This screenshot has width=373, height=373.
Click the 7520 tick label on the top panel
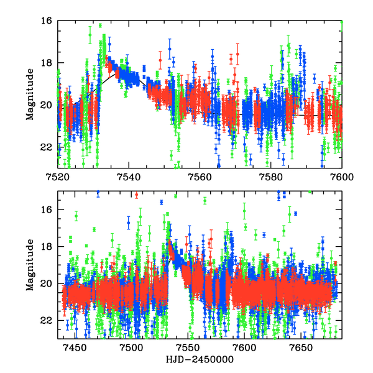coord(58,177)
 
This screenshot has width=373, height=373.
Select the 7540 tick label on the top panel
coord(129,177)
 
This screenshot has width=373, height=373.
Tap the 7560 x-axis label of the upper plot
coord(200,177)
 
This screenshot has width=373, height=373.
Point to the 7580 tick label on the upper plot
coord(271,177)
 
